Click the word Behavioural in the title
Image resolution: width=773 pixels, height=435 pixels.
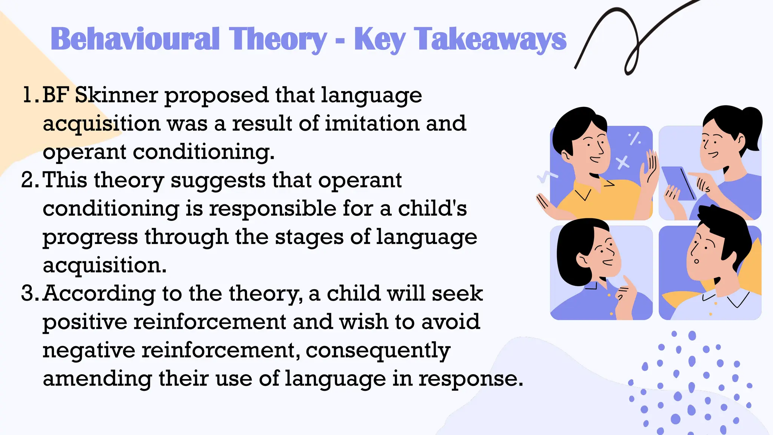pos(135,39)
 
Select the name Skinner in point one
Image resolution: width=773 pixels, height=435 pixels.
pos(116,95)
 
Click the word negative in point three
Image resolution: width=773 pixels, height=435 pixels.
pos(89,350)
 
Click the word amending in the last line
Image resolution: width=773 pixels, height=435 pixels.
pos(97,379)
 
